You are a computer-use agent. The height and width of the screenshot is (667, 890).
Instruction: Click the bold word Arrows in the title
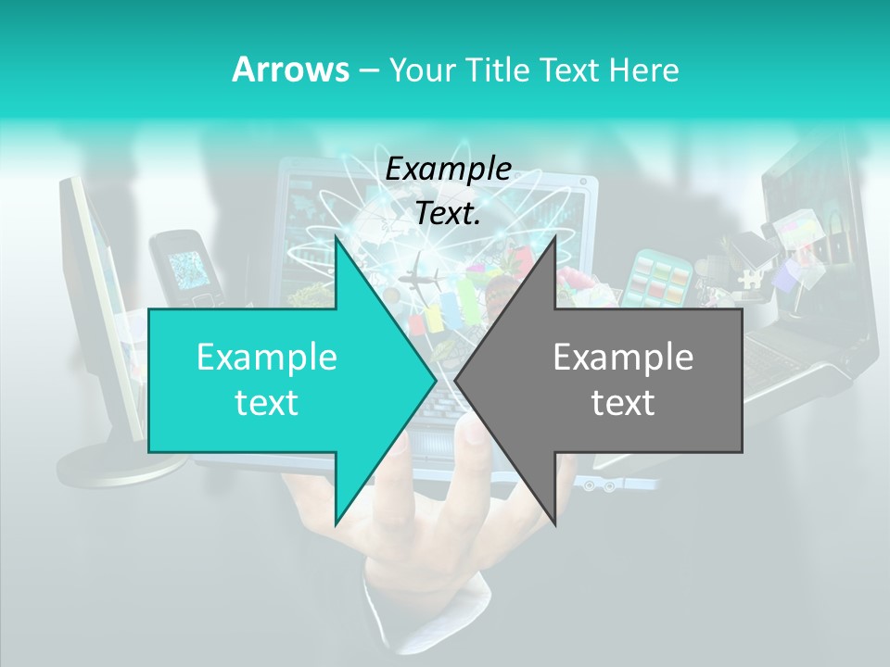tap(289, 69)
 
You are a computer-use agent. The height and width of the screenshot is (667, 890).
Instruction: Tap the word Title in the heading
tap(497, 69)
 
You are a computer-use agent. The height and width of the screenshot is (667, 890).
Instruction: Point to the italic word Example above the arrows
tap(449, 169)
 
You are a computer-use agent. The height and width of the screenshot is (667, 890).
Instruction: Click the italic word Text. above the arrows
tap(449, 213)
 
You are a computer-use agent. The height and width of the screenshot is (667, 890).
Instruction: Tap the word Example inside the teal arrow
tap(267, 358)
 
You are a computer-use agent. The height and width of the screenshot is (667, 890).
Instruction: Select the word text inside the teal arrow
tap(267, 403)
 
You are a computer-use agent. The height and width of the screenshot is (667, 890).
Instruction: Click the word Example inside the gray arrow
tap(623, 358)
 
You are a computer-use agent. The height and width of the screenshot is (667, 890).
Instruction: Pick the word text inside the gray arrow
tap(623, 403)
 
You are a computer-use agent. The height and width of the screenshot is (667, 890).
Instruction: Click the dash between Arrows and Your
tap(367, 70)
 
